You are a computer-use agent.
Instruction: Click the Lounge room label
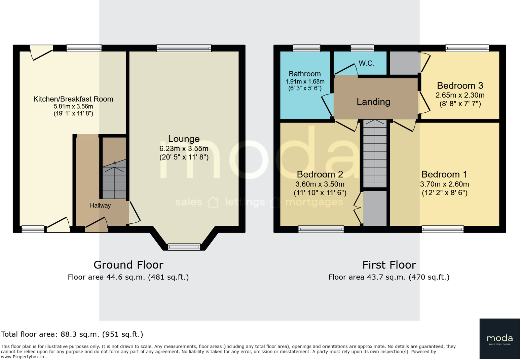(184, 139)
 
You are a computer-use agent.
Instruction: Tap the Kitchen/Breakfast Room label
(73, 99)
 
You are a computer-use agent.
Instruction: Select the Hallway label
(100, 206)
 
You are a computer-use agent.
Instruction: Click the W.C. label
(366, 63)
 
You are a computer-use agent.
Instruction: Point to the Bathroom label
(304, 74)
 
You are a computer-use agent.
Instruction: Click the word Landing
(373, 102)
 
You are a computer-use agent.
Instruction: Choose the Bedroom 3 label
(460, 85)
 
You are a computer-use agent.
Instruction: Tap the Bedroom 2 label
(320, 174)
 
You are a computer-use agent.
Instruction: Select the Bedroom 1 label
(444, 174)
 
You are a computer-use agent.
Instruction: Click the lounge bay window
(184, 247)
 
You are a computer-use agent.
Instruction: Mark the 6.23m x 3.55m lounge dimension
(184, 149)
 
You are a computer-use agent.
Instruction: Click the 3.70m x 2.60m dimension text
(444, 184)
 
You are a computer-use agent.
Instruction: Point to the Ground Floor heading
(128, 265)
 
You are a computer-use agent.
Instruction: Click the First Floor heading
(389, 265)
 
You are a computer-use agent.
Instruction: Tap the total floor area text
(72, 334)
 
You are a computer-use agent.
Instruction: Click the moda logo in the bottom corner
(499, 338)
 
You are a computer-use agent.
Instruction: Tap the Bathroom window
(306, 48)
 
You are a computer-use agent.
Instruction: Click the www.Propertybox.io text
(23, 357)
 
